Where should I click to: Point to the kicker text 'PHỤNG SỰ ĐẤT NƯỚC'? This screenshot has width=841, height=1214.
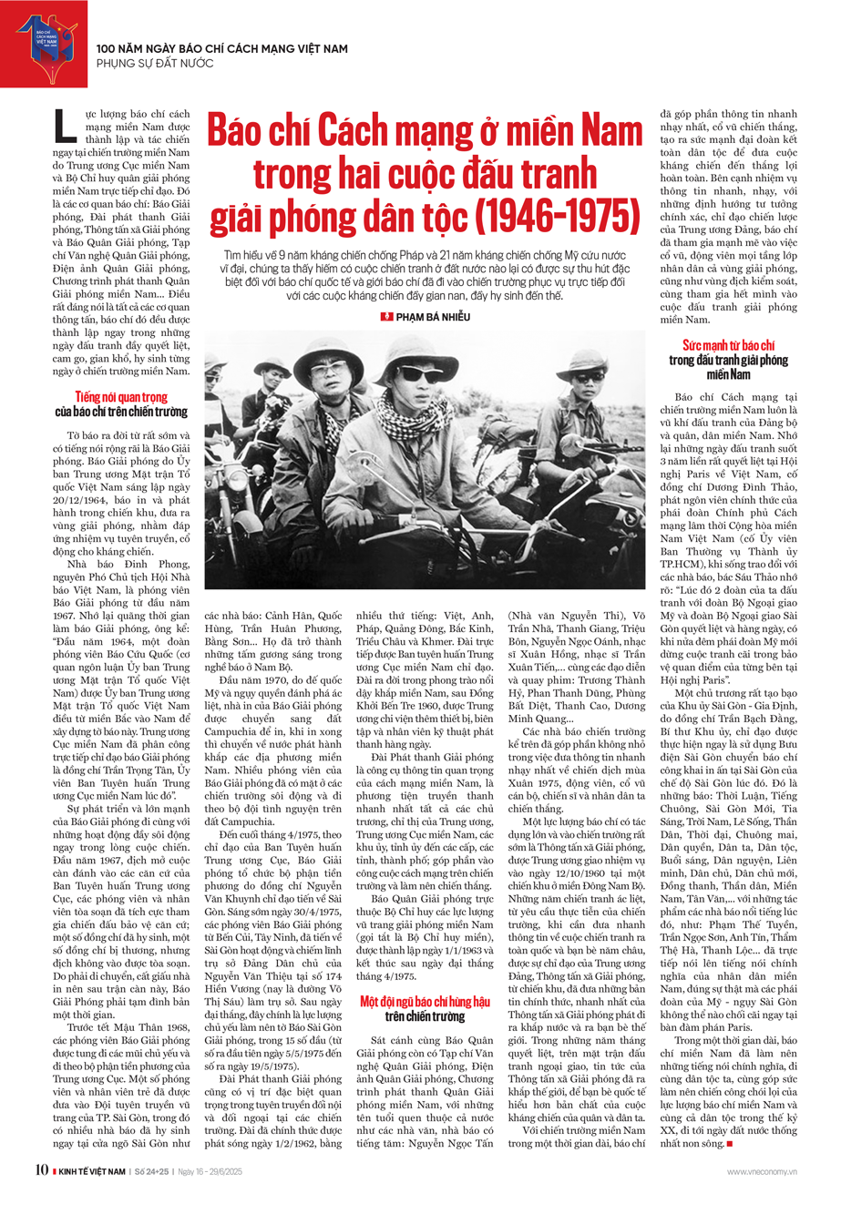[x=155, y=64]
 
